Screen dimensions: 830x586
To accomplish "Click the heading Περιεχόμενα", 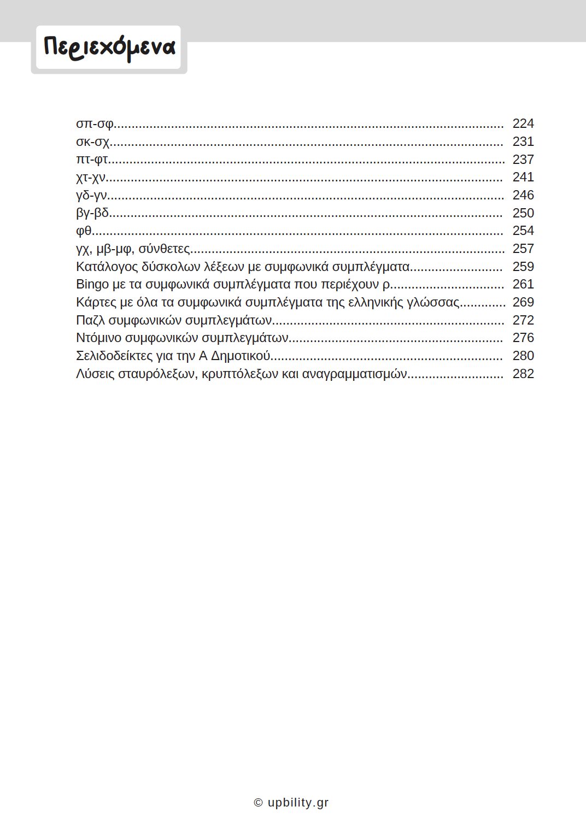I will [x=109, y=48].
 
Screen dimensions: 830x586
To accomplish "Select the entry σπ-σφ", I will [x=95, y=124].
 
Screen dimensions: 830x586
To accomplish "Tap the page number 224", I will [x=523, y=124].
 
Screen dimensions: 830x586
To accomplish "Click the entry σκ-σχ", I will [x=93, y=142].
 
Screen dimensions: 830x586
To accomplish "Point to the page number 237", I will [x=523, y=160].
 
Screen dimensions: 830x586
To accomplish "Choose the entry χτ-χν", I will [x=91, y=178].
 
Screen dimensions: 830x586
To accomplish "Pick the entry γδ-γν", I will [x=91, y=196].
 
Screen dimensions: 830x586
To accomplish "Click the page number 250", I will [x=523, y=213].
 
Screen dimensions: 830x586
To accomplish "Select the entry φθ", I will [x=84, y=231].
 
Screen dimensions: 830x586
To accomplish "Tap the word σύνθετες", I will [x=164, y=249].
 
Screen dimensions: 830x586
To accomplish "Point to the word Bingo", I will [x=92, y=285].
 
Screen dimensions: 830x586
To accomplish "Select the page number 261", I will [x=523, y=285].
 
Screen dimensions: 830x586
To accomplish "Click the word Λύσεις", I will [x=95, y=374].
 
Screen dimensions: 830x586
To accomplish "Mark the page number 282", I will [x=523, y=374].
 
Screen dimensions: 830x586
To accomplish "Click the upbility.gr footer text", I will [x=297, y=803].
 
